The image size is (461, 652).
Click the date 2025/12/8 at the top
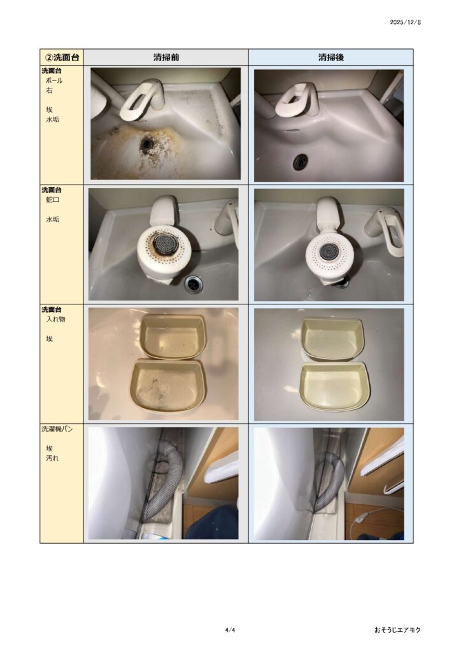[x=405, y=22]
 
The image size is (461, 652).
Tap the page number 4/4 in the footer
[x=230, y=630]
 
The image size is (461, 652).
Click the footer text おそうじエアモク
[x=397, y=630]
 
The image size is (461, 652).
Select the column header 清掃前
[x=166, y=57]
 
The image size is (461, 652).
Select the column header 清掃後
[x=331, y=57]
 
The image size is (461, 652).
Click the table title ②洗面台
[x=62, y=57]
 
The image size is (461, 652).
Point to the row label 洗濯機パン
[x=57, y=429]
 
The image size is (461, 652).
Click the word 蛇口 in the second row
[x=52, y=199]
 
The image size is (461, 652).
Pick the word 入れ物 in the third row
[x=55, y=320]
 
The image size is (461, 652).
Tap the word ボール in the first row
[x=54, y=81]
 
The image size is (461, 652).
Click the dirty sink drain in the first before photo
[x=146, y=144]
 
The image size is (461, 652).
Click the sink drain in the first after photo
[x=300, y=161]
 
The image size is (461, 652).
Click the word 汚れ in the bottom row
[x=52, y=458]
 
